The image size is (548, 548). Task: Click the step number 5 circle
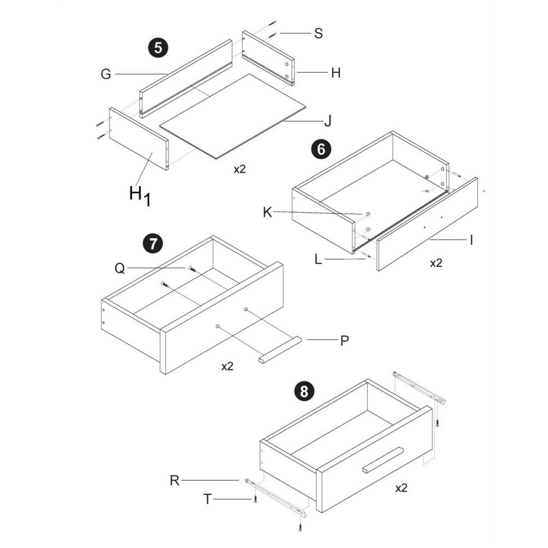click(158, 48)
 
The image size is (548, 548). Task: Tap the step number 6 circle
click(321, 149)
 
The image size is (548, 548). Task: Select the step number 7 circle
click(153, 243)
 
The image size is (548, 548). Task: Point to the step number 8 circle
click(304, 391)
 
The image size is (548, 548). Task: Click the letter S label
click(318, 33)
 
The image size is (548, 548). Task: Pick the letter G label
click(106, 74)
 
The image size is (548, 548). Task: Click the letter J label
click(328, 121)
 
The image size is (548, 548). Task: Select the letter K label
click(267, 212)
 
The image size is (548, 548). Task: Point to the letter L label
click(318, 259)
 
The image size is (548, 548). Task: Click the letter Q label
click(119, 269)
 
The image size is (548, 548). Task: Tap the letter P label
click(345, 340)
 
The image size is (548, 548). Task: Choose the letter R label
click(174, 481)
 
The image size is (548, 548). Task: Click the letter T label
click(208, 499)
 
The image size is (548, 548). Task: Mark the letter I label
click(471, 240)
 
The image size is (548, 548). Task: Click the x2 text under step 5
click(240, 169)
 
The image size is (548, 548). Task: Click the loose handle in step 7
click(280, 350)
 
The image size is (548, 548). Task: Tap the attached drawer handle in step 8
click(383, 460)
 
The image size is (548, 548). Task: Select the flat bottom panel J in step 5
click(233, 116)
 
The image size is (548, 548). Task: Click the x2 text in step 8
click(401, 488)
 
